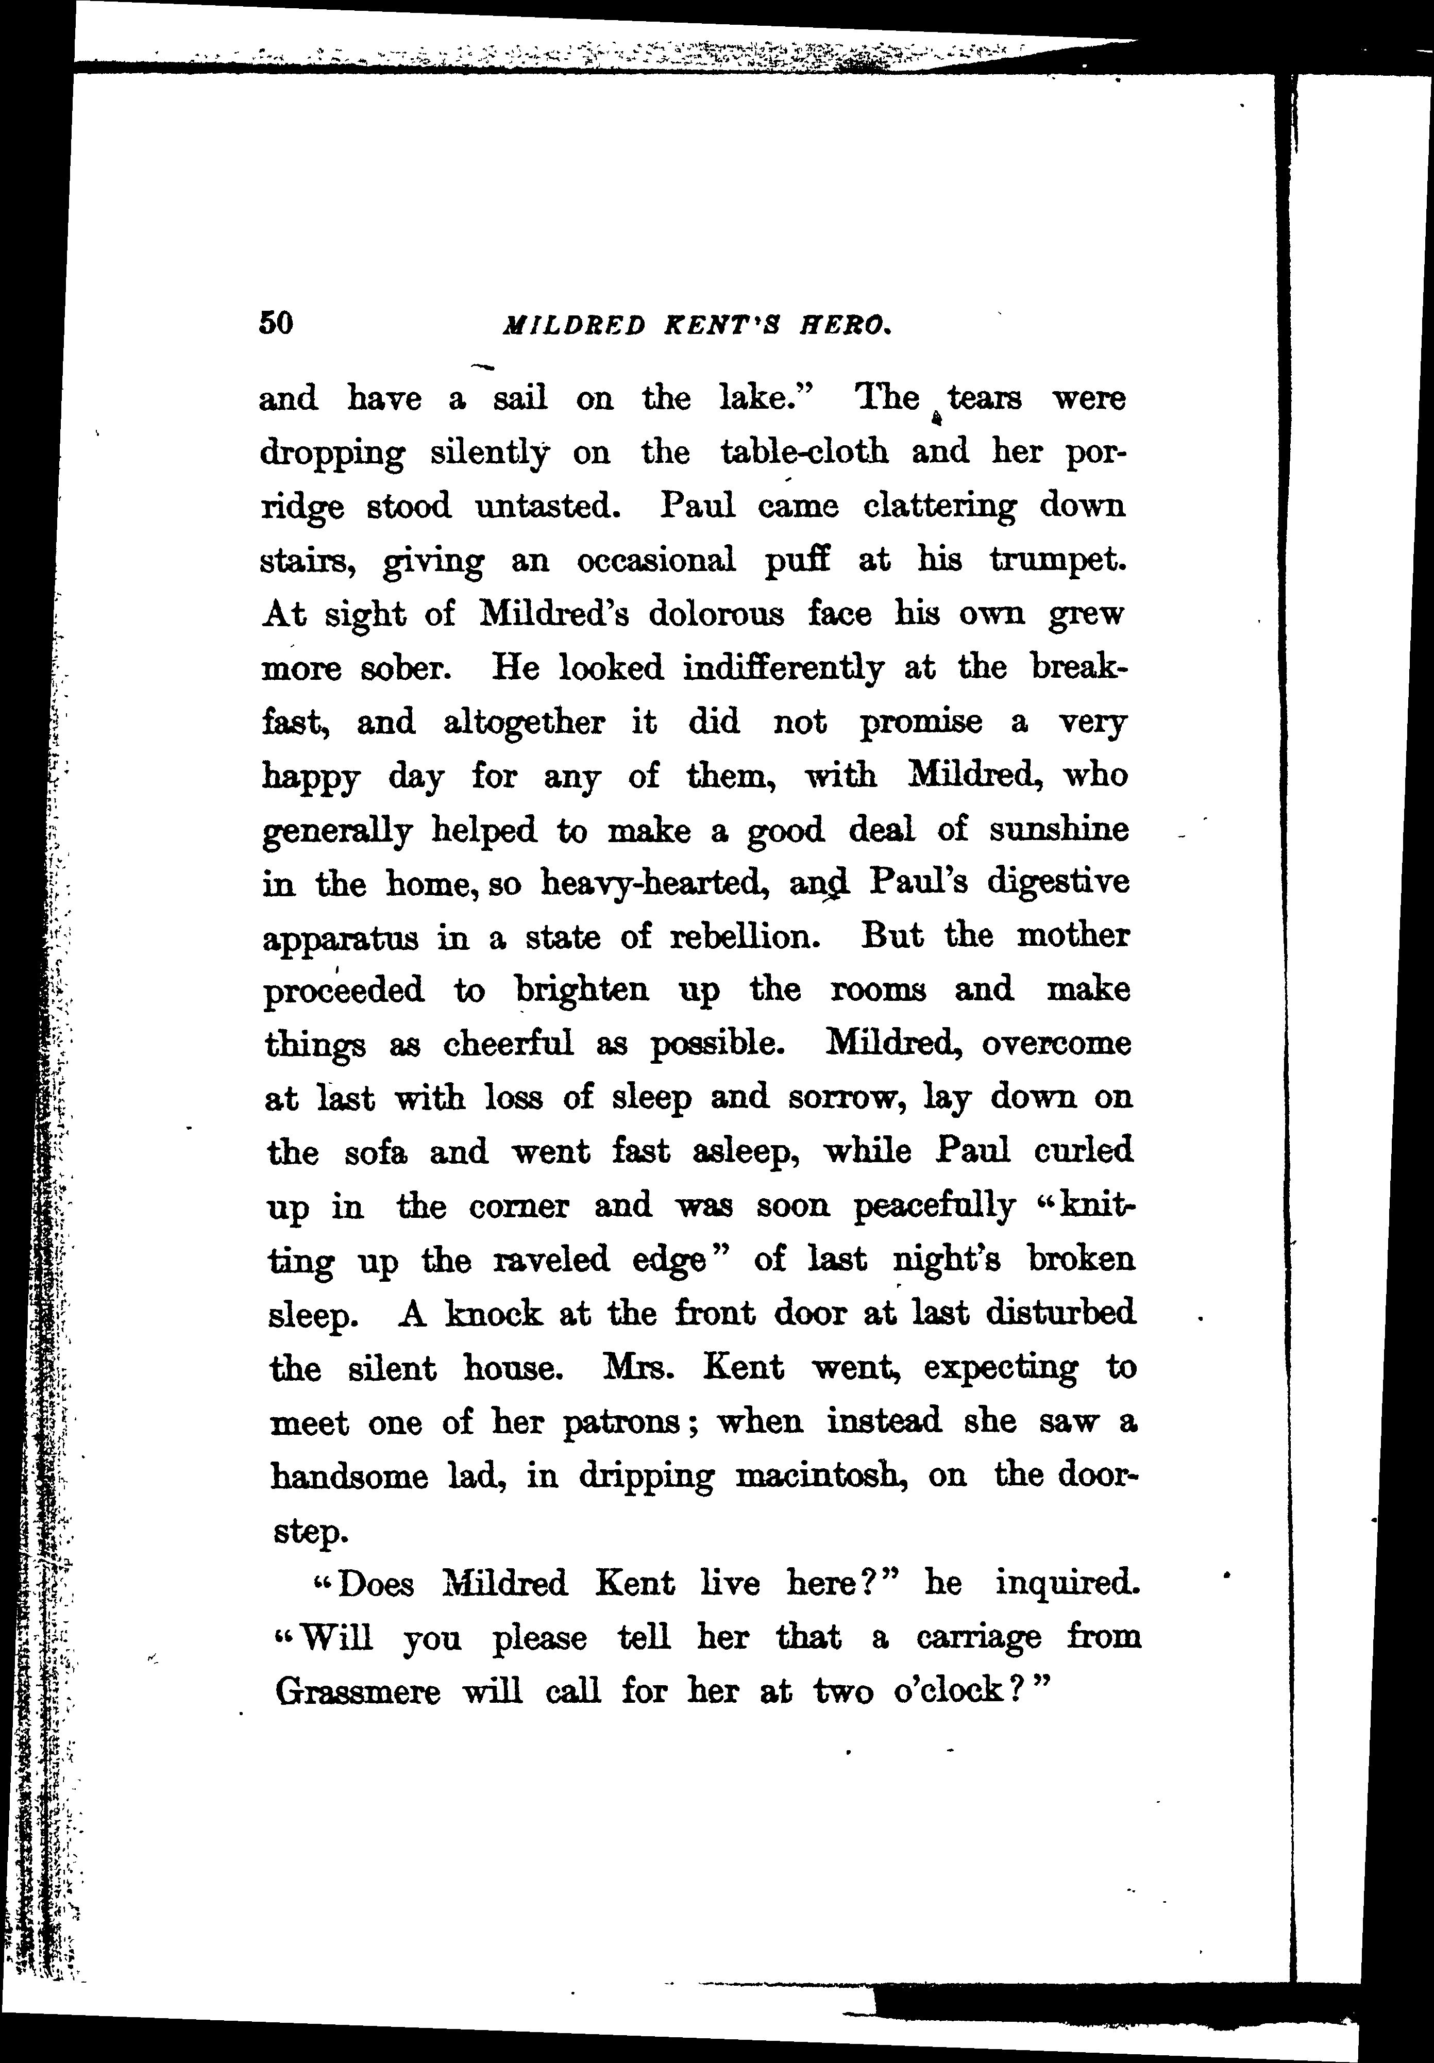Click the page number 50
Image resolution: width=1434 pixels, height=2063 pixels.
[x=276, y=323]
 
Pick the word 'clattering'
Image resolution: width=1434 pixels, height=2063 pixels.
[x=939, y=506]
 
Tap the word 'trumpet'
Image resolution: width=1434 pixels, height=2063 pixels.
[x=1057, y=561]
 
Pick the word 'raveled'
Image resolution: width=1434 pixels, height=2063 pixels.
[x=552, y=1260]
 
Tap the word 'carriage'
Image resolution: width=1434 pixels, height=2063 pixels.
[x=979, y=1638]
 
